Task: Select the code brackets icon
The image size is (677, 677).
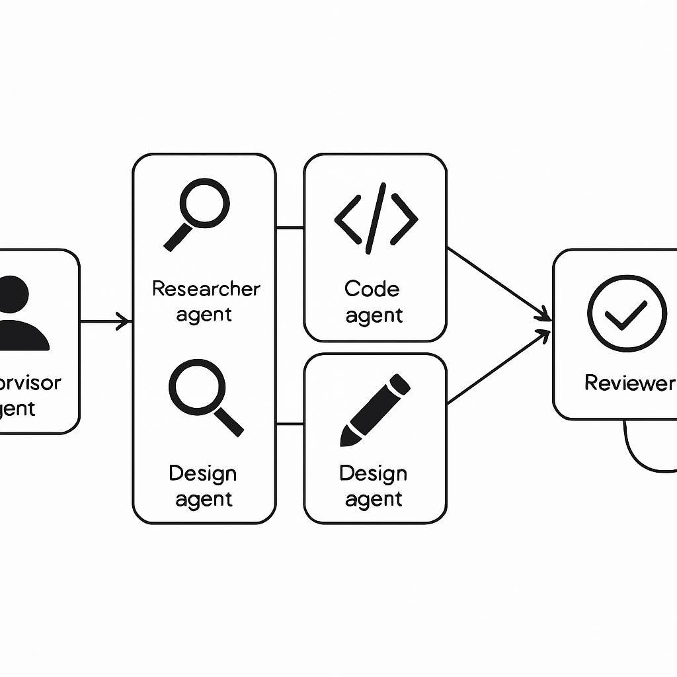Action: (376, 223)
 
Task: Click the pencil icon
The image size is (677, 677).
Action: (374, 410)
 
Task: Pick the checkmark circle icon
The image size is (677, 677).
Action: (626, 313)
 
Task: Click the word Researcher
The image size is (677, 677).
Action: (206, 289)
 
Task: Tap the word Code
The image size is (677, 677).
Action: (372, 289)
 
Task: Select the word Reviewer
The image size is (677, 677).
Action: (628, 383)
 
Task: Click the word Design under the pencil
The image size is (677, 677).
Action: (373, 473)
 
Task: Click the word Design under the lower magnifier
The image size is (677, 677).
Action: (202, 473)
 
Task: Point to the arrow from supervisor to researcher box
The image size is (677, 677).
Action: (106, 322)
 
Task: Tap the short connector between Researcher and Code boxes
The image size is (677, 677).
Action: (290, 228)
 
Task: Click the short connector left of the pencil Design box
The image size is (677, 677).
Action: (290, 424)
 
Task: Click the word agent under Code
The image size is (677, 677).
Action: (374, 316)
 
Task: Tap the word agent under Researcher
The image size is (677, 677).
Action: (204, 315)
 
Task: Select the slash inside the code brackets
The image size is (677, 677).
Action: (376, 223)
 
